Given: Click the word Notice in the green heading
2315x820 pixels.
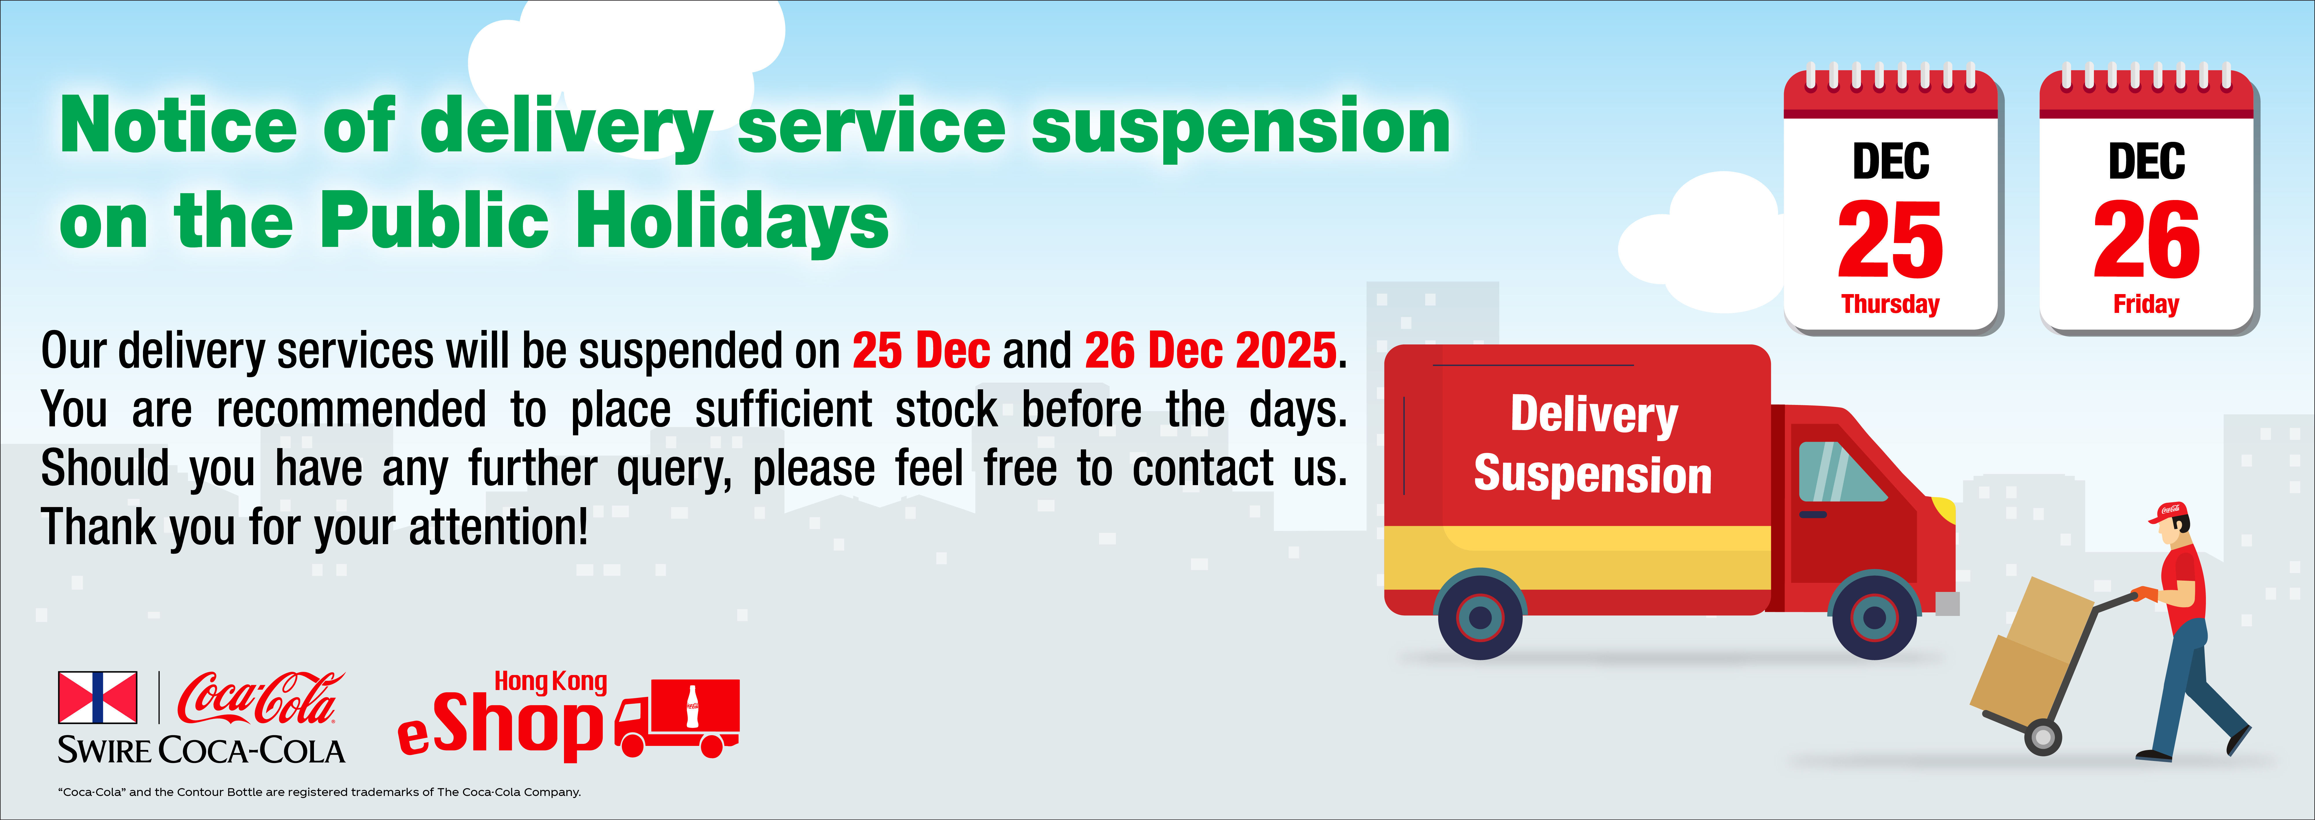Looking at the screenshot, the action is pyautogui.click(x=178, y=126).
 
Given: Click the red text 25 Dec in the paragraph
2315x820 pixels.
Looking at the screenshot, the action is pyautogui.click(x=921, y=351).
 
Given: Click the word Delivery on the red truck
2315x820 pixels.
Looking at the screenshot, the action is pyautogui.click(x=1593, y=414).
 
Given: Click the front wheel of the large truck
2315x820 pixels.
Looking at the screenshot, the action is pyautogui.click(x=1874, y=617).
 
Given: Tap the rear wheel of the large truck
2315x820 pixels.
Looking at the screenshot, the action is pyautogui.click(x=1480, y=617).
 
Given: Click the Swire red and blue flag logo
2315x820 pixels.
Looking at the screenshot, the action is pyautogui.click(x=98, y=697).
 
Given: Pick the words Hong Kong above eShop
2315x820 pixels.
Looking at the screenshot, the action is pyautogui.click(x=551, y=682).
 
